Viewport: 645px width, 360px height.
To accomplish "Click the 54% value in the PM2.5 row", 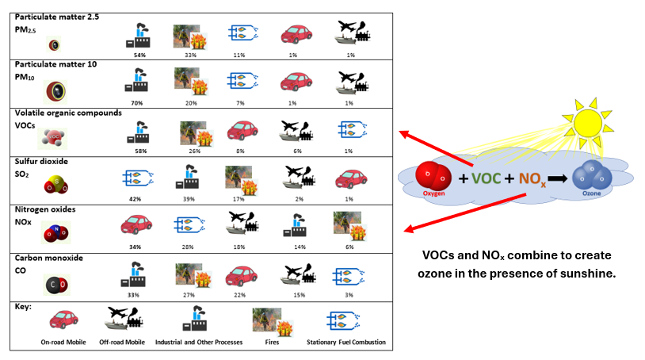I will coord(139,55).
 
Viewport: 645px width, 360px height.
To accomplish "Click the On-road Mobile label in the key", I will coord(64,343).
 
